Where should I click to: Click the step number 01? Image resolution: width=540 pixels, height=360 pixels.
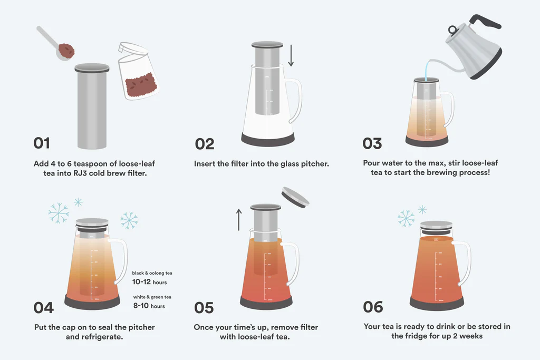[42, 143]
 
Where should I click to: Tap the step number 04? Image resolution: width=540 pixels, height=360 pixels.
[44, 307]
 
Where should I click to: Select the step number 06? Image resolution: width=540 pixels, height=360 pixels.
[373, 307]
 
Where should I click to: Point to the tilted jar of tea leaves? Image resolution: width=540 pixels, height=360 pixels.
[137, 74]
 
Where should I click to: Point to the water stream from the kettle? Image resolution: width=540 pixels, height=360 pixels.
[425, 68]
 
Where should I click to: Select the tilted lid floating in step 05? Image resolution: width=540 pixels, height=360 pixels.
[296, 196]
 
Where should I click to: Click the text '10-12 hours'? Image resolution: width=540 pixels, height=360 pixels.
[149, 282]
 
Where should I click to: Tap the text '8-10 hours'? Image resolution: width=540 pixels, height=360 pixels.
[149, 306]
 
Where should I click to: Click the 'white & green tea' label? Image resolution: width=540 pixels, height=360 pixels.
[151, 297]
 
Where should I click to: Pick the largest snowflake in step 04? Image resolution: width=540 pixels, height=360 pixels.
[59, 213]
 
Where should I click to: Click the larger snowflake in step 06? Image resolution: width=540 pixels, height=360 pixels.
[406, 218]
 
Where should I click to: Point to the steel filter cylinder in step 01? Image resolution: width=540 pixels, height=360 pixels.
[92, 108]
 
